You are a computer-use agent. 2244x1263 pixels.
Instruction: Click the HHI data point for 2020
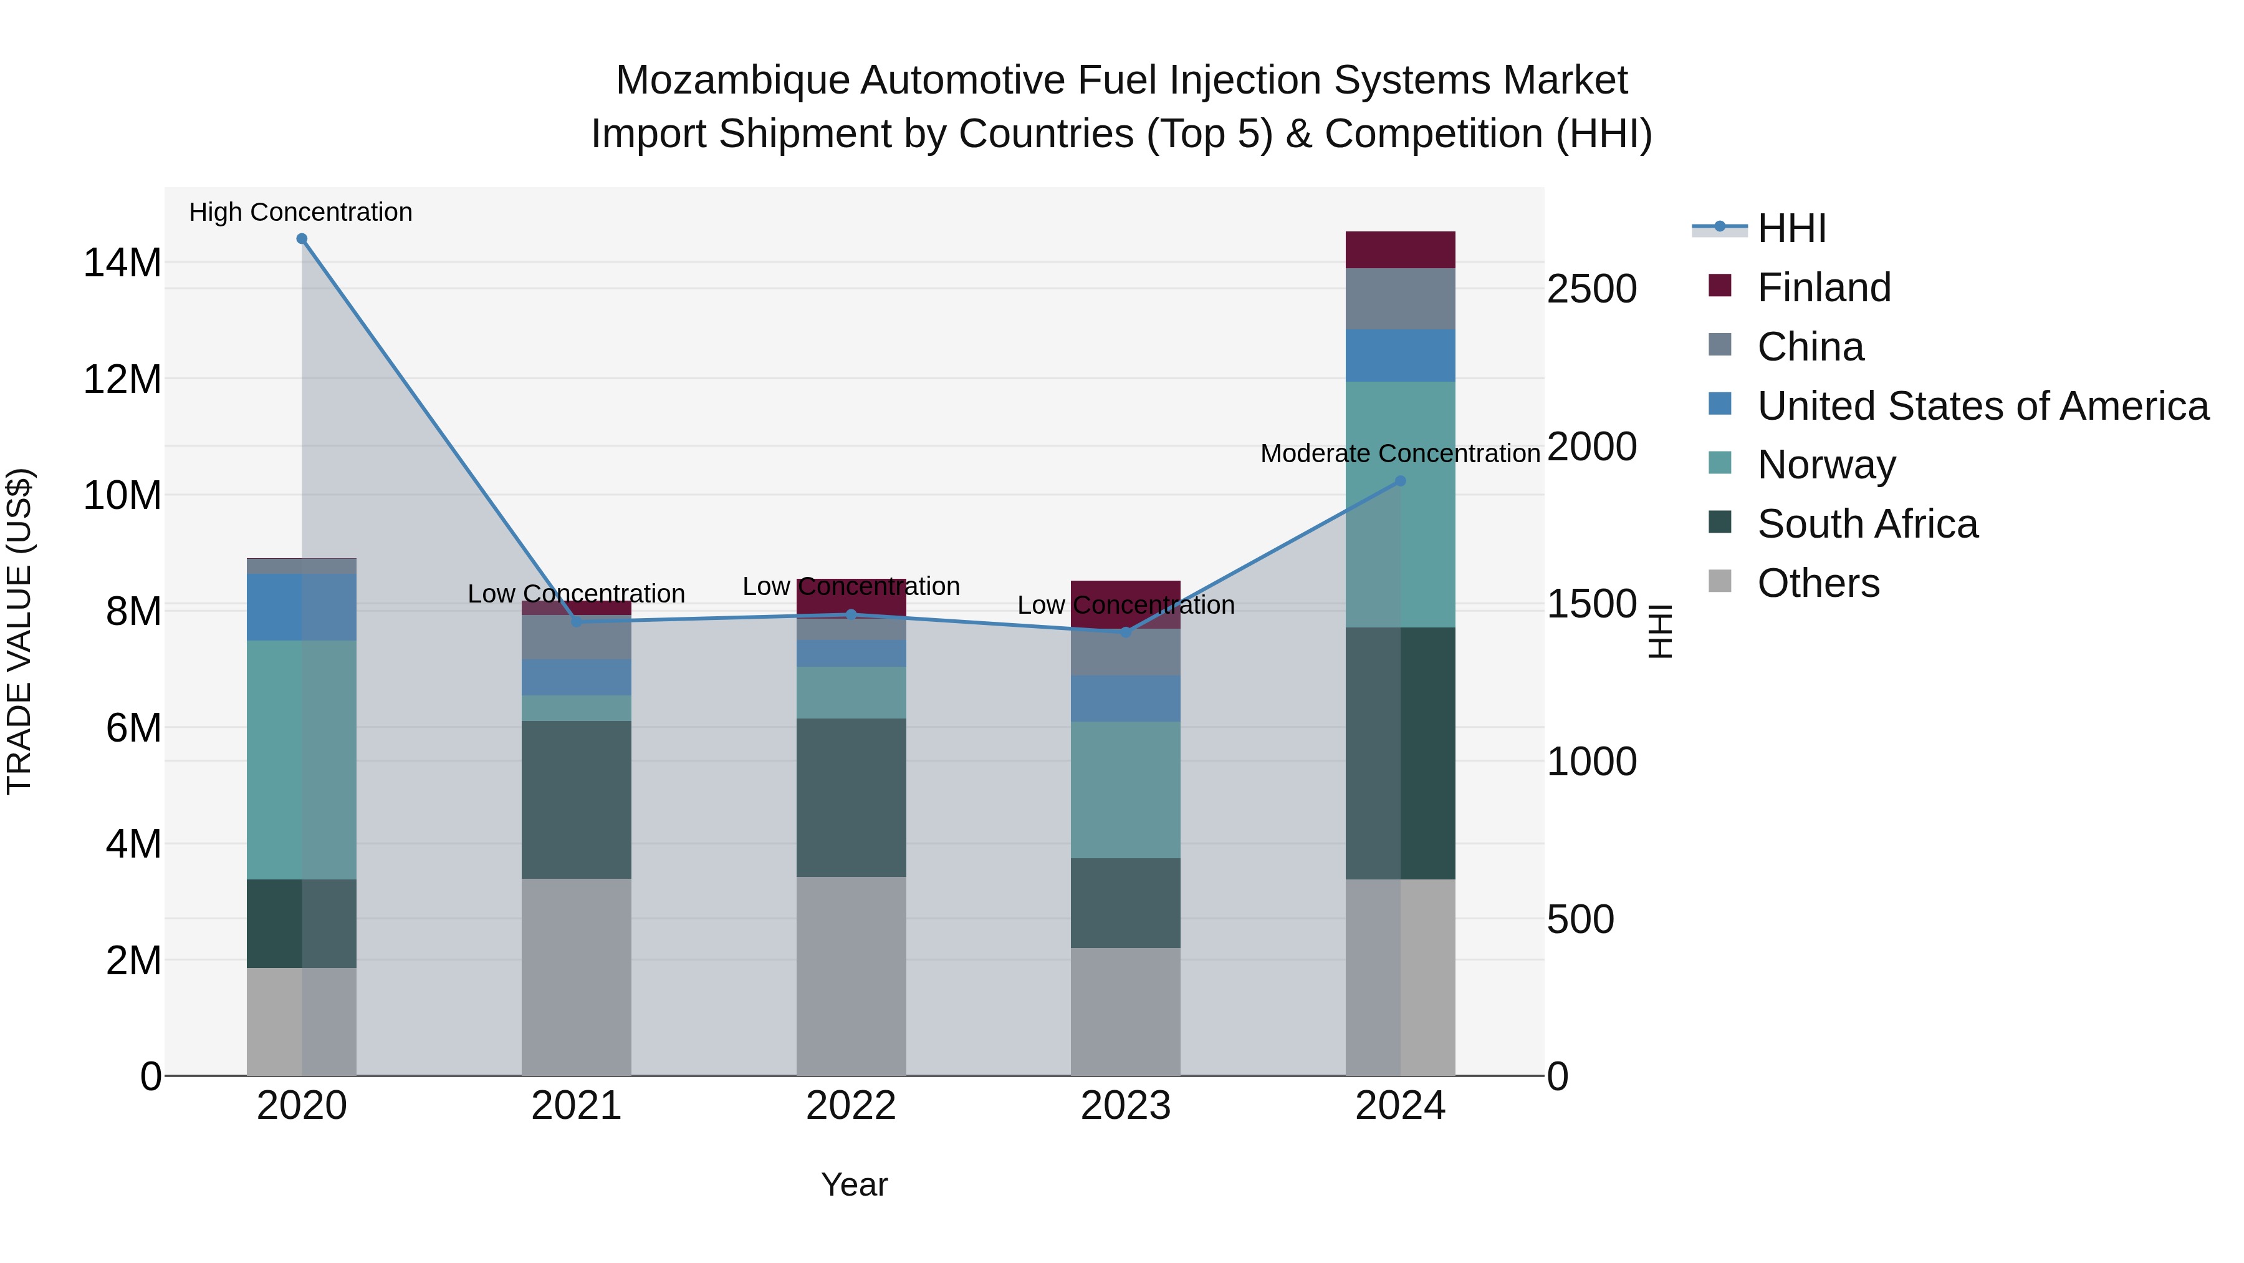click(x=302, y=239)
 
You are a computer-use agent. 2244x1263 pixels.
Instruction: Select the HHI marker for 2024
click(x=1400, y=481)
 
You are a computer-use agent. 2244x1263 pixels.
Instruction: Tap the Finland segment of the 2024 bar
click(x=1400, y=250)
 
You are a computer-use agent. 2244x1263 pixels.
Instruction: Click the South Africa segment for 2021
click(x=576, y=800)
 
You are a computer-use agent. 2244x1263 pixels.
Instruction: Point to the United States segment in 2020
click(x=302, y=607)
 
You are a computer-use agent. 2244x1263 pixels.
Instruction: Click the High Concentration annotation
click(x=300, y=213)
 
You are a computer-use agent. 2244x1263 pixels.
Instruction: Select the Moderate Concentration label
click(x=1400, y=454)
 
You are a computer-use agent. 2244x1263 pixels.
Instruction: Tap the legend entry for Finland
click(x=1823, y=288)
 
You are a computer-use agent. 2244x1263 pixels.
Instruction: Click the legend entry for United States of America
click(x=1982, y=406)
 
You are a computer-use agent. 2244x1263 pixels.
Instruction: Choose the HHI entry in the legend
click(x=1790, y=228)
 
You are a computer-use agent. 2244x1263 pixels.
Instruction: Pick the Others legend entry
click(x=1818, y=583)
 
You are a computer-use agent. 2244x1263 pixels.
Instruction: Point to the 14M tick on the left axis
click(x=122, y=263)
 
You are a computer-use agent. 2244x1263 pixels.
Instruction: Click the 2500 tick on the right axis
click(x=1591, y=289)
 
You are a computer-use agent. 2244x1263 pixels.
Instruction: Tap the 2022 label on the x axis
click(x=850, y=1106)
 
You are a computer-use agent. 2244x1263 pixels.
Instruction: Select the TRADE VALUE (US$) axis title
click(x=20, y=631)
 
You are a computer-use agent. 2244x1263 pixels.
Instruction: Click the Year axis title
click(x=854, y=1184)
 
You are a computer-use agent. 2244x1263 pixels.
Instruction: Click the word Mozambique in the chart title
click(x=732, y=81)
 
